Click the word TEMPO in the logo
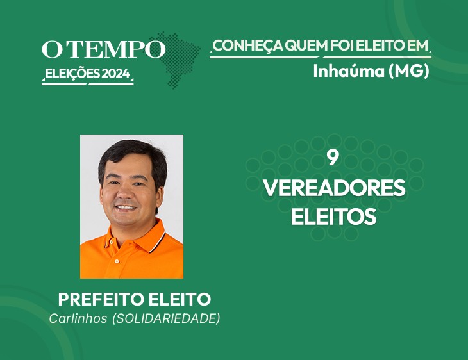(x=118, y=49)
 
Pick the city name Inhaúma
(x=349, y=71)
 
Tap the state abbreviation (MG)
(x=409, y=71)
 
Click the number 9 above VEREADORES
(x=333, y=158)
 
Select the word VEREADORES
(x=334, y=188)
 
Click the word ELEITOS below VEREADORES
(x=333, y=217)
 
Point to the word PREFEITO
(x=101, y=299)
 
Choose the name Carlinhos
(x=78, y=318)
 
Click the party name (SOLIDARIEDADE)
(x=166, y=318)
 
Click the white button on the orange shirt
(x=117, y=261)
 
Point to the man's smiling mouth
(x=126, y=208)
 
